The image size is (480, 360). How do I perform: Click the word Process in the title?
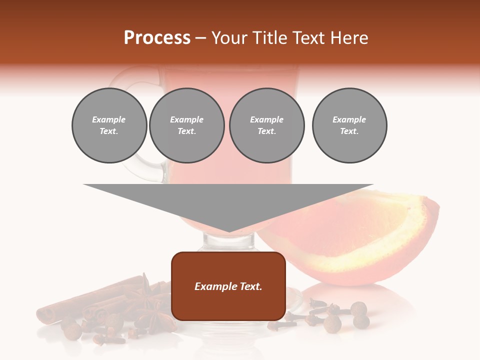click(x=157, y=38)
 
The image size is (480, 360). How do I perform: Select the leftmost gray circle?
click(x=109, y=125)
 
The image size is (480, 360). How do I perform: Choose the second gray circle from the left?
click(x=186, y=125)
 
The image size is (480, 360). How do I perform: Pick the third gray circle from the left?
click(x=266, y=125)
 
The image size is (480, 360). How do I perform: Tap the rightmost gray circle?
click(x=349, y=125)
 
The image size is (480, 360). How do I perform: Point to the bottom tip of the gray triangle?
click(x=228, y=231)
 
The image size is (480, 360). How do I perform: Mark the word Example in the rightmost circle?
click(x=349, y=119)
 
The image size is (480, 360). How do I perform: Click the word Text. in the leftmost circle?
click(x=109, y=131)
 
